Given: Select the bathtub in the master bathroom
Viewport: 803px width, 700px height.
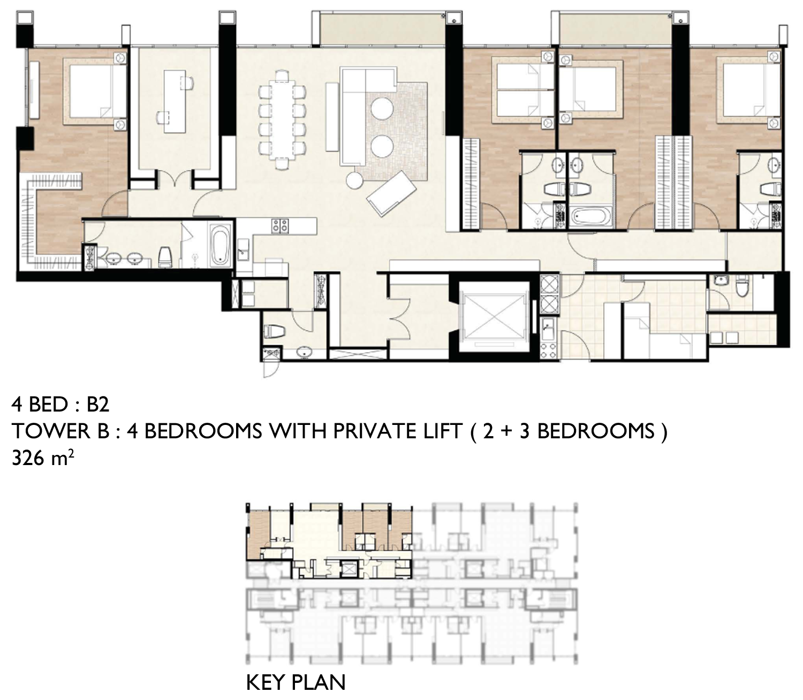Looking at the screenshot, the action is [220, 245].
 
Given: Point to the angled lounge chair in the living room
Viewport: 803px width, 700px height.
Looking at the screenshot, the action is [391, 193].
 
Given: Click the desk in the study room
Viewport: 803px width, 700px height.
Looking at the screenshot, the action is [175, 101].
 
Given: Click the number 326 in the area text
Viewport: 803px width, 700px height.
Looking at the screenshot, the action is [28, 458].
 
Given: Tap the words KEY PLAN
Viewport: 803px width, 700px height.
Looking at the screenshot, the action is [296, 682].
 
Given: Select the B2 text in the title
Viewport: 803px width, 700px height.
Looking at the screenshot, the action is [98, 404].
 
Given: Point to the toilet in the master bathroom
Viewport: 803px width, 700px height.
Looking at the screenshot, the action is [164, 257].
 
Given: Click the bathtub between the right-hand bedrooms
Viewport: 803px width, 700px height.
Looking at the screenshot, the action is [590, 217].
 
